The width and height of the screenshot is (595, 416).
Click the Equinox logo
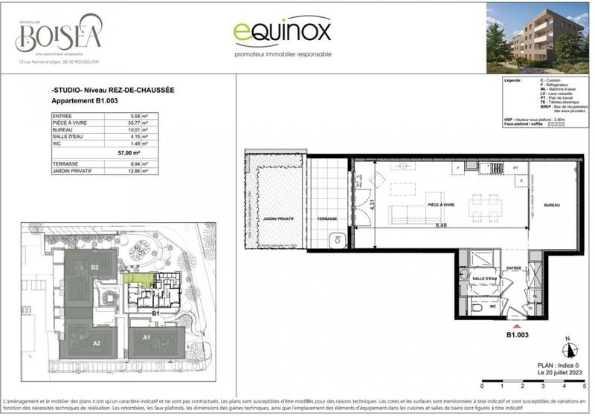pyautogui.click(x=282, y=33)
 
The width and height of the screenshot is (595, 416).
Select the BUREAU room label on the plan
pyautogui.click(x=551, y=204)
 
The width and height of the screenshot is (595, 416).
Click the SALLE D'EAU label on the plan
pyautogui.click(x=484, y=279)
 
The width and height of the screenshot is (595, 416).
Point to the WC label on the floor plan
pyautogui.click(x=492, y=305)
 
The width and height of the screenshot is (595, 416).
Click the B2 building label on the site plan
pyautogui.click(x=94, y=267)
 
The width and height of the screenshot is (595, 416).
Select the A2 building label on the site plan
pyautogui.click(x=96, y=343)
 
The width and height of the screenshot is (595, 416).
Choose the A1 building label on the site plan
pyautogui.click(x=147, y=338)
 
